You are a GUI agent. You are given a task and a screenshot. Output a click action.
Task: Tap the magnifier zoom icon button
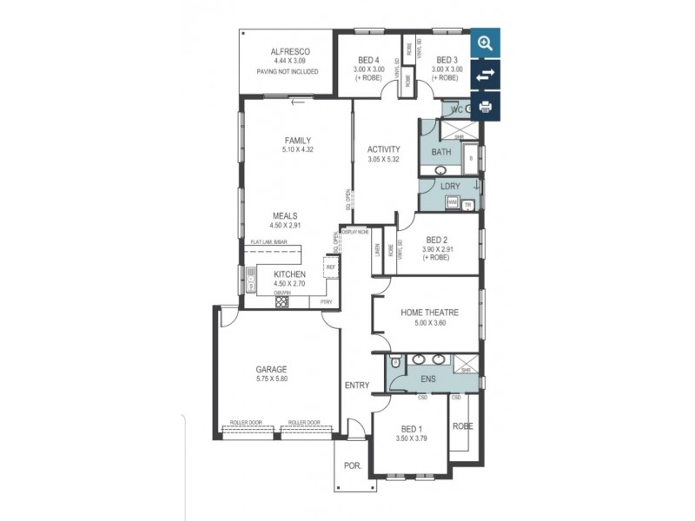coord(485,43)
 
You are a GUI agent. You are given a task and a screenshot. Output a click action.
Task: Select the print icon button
coord(485,107)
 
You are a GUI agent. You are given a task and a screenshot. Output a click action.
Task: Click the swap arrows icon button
coord(485,75)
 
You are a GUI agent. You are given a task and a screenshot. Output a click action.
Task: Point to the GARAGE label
coord(272,368)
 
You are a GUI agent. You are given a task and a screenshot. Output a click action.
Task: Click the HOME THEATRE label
coord(429,313)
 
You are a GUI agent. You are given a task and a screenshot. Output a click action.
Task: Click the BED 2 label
coord(438,241)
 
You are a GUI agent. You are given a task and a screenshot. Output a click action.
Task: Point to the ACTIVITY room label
coord(383,149)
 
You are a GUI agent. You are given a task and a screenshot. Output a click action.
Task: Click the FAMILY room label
coord(297,141)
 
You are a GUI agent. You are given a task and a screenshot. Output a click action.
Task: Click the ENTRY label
coord(356,385)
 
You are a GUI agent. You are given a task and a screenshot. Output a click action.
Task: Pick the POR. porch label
coord(352,465)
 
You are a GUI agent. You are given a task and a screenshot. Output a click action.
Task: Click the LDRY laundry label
coord(450,187)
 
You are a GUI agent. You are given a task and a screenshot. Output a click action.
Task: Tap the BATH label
coord(441,152)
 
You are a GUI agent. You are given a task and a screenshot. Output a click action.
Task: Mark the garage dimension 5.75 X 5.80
coord(272,379)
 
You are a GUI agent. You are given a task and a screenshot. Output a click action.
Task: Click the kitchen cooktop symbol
coord(281,302)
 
